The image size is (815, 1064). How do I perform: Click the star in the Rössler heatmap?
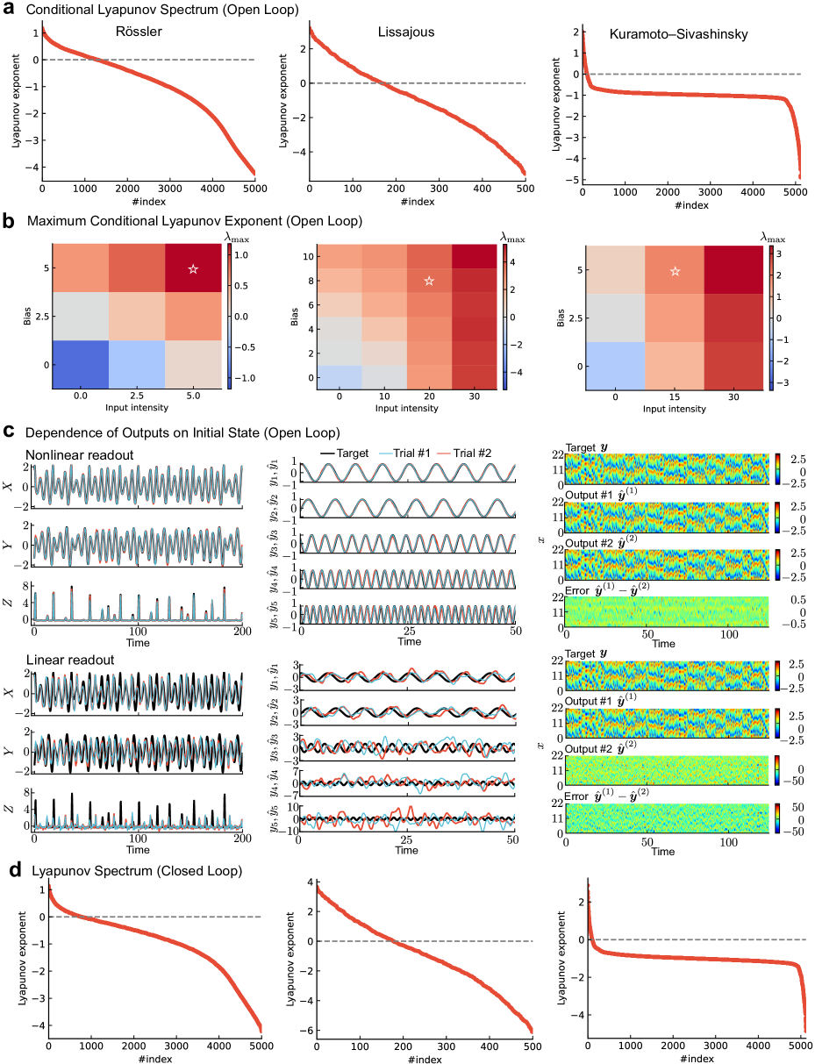tap(193, 268)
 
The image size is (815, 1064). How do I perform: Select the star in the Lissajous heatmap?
tap(429, 281)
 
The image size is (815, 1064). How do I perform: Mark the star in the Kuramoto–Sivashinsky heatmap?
tap(675, 271)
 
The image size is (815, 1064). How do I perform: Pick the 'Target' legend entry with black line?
tap(363, 458)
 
